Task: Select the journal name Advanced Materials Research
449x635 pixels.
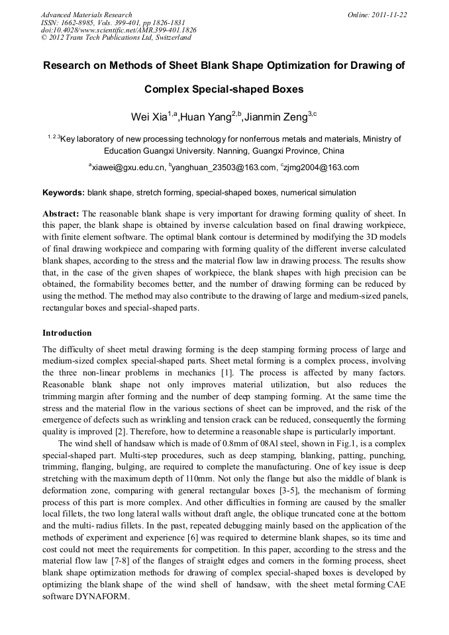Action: point(86,15)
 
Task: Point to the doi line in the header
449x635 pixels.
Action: point(119,30)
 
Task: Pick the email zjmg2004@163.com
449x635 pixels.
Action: point(322,168)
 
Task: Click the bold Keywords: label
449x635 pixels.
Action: point(64,193)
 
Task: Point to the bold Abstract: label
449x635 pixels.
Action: point(61,214)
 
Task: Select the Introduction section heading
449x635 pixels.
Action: point(67,332)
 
